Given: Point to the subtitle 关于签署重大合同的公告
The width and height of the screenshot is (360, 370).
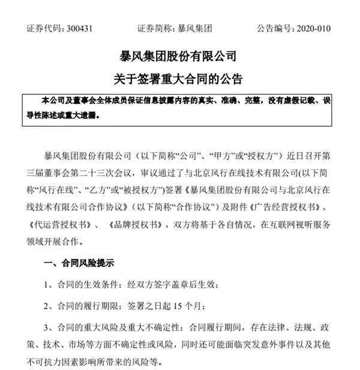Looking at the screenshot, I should [179, 79].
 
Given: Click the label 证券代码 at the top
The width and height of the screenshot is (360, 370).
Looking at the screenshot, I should [40, 29].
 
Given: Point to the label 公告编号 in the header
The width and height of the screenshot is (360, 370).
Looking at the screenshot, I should [272, 29].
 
